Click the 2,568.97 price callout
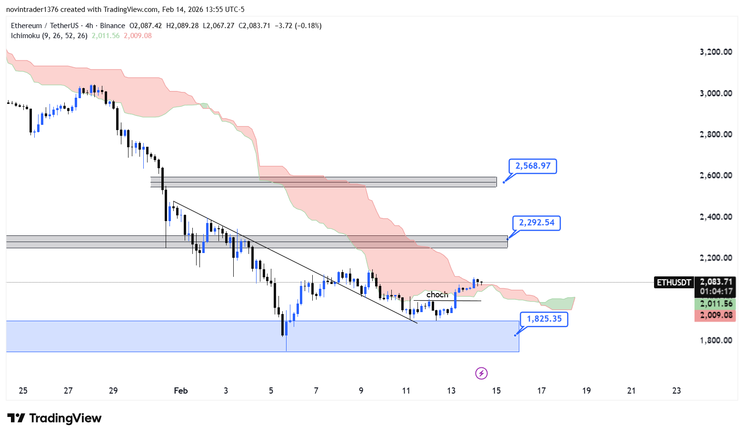point(533,166)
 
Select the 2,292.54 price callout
point(536,223)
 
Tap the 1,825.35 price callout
point(544,319)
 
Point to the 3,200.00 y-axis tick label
point(715,52)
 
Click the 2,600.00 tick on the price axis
point(715,175)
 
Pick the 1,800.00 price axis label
point(715,340)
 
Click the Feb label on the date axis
point(181,391)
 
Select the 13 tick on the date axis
point(451,391)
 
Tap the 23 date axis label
point(676,391)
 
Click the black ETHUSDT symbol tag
point(674,283)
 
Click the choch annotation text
point(437,295)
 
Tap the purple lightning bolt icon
point(481,373)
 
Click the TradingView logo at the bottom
point(55,418)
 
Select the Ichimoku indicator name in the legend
point(26,36)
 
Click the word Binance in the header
point(112,26)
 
